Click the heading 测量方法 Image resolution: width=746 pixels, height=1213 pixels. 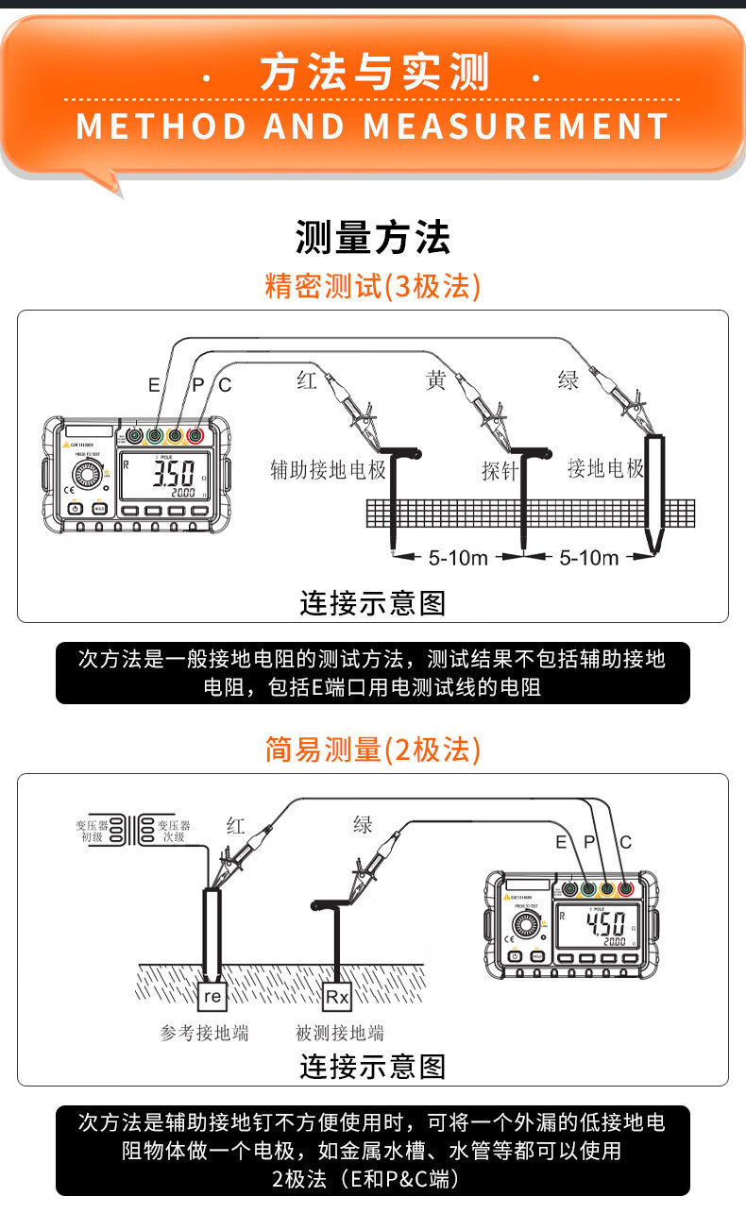click(373, 238)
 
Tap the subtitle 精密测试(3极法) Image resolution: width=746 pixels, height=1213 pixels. click(373, 285)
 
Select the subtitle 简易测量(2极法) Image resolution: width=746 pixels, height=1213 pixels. click(373, 750)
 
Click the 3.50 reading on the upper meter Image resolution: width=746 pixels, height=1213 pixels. click(174, 472)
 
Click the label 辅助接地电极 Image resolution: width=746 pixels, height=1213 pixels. click(328, 469)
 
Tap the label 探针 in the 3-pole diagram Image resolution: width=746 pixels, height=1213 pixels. click(500, 470)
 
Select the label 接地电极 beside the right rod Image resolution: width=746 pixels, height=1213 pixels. click(605, 468)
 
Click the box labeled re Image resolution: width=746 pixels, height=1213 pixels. click(212, 996)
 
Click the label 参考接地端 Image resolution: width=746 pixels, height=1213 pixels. click(204, 1034)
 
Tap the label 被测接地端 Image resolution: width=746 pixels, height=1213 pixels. click(340, 1034)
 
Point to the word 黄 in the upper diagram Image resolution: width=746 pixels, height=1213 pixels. click(435, 381)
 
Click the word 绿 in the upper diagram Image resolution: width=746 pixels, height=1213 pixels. click(568, 380)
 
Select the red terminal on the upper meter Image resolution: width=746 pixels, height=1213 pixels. click(195, 436)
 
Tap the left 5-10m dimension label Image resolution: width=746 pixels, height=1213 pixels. click(458, 558)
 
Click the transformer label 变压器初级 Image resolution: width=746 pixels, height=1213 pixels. click(92, 831)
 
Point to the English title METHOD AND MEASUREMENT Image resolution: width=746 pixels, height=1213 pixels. click(373, 126)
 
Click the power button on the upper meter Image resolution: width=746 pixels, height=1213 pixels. click(76, 509)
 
